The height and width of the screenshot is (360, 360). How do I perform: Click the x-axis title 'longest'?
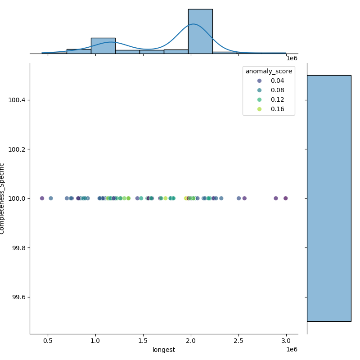164,350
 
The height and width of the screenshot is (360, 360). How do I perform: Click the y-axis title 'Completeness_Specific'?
3,198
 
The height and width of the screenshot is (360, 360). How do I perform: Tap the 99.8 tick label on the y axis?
18,248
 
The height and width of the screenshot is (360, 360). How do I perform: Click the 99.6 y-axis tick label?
18,297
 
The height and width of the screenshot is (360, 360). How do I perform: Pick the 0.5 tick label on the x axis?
48,341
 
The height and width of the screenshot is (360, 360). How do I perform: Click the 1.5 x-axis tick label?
143,341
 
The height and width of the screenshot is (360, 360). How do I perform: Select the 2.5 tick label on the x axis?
238,341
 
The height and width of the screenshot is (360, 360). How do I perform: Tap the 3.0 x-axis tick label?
286,341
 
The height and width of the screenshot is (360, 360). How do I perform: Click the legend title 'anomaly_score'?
269,71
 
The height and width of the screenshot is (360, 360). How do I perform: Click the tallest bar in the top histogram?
200,31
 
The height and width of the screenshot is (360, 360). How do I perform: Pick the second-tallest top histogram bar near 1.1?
103,46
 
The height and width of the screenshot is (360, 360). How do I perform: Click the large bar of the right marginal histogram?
329,198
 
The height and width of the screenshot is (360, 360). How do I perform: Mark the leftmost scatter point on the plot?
42,198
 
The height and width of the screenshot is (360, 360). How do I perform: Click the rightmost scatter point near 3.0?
285,198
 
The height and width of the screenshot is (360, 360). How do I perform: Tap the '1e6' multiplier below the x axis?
292,350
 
